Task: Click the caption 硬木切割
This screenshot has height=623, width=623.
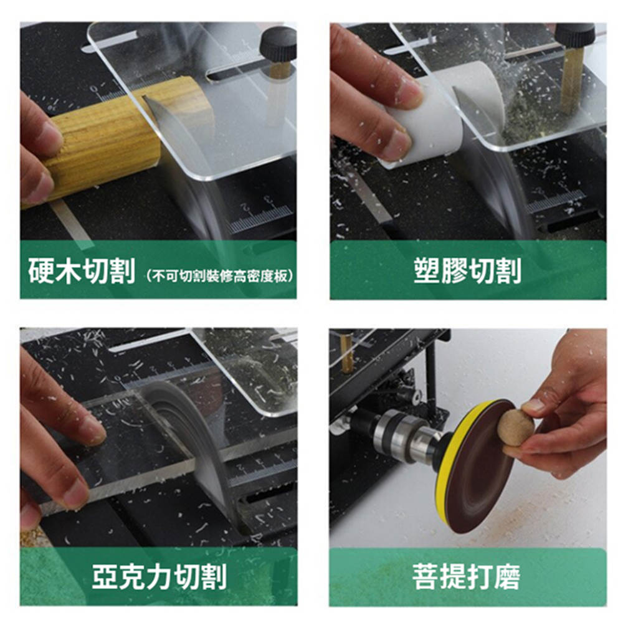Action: (82, 271)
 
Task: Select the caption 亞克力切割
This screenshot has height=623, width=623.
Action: (159, 576)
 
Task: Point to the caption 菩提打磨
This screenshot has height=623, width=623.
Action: (467, 576)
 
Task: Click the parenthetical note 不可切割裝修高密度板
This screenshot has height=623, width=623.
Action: (220, 276)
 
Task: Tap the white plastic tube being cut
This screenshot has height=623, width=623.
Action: (441, 115)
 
